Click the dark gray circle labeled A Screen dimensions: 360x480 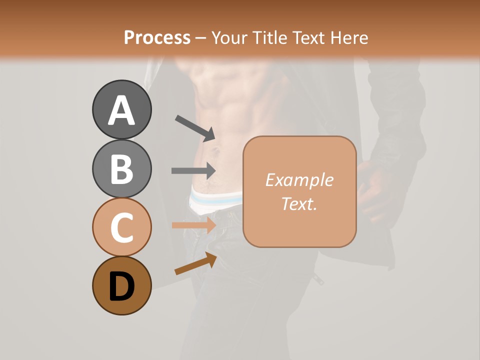121,110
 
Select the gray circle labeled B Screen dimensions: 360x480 121,168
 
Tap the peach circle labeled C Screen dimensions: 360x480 121,227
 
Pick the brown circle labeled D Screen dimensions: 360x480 121,285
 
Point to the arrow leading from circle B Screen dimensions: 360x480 193,170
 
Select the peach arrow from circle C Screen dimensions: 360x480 193,225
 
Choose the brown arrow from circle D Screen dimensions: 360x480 195,263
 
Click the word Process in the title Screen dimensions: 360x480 157,37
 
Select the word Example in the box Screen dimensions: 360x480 299,180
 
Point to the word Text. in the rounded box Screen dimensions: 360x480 299,203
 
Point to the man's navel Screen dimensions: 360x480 216,150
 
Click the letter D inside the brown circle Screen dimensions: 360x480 121,286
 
